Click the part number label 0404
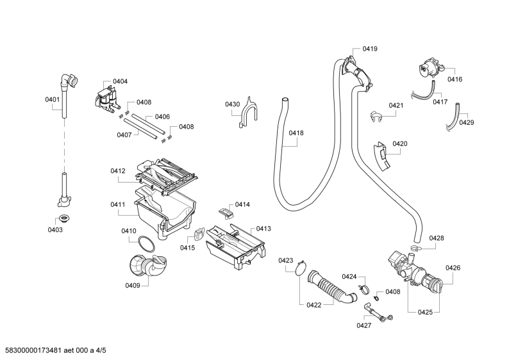point(120,81)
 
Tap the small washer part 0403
point(64,220)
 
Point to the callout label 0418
point(296,133)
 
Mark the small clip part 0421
point(377,117)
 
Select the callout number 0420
point(400,143)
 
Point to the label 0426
point(453,268)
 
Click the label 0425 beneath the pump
point(425,312)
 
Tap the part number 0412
point(117,171)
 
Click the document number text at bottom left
point(54,350)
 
